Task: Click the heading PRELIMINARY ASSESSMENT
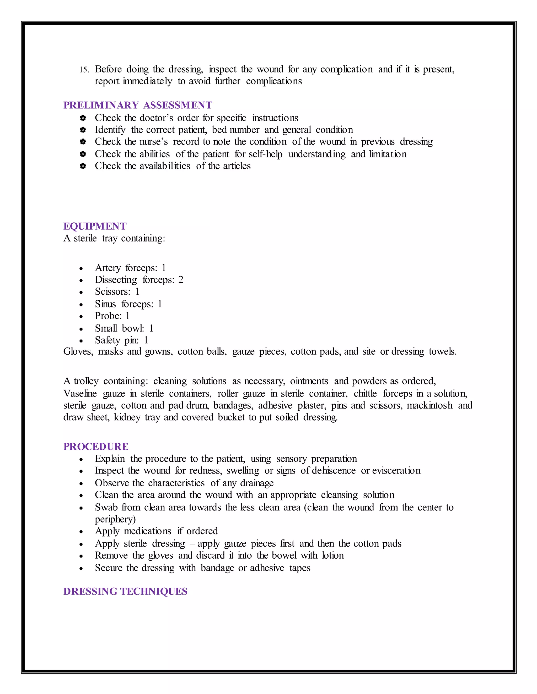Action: [138, 105]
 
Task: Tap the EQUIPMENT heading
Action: [95, 226]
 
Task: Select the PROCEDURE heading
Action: [96, 447]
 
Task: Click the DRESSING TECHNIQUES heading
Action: [125, 591]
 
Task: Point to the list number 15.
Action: [84, 70]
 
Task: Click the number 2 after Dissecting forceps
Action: [181, 280]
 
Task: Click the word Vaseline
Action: [80, 394]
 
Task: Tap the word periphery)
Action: [115, 519]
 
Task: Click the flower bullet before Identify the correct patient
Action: [83, 130]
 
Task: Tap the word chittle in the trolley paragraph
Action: [365, 394]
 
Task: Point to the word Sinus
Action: [105, 304]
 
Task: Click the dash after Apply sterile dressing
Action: [192, 544]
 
